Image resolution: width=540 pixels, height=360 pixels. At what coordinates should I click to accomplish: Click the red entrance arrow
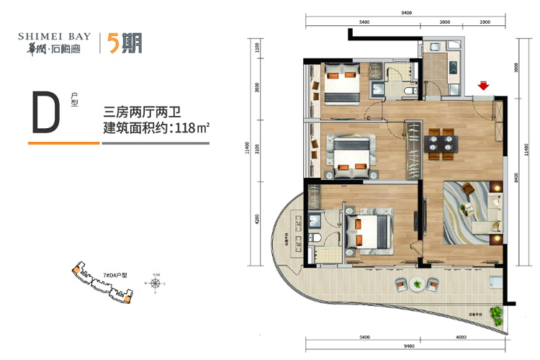click(485, 87)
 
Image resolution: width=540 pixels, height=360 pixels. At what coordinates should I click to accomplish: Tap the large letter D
click(44, 113)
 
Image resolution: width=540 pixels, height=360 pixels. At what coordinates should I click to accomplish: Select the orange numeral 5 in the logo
click(114, 42)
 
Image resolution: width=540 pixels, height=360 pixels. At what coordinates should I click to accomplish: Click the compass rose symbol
click(156, 282)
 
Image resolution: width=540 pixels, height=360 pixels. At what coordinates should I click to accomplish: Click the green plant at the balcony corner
click(497, 315)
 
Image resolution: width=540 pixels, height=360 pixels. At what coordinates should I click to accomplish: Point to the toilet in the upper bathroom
click(409, 91)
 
